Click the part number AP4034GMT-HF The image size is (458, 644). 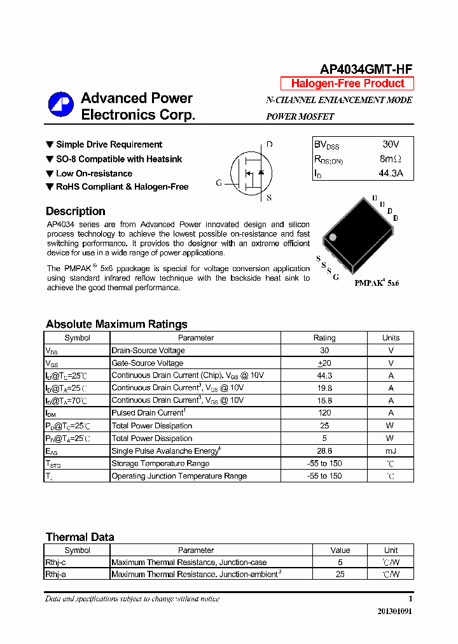[366, 69]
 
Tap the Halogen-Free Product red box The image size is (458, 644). [347, 83]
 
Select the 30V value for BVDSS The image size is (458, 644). [391, 144]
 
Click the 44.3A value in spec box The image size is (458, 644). [391, 173]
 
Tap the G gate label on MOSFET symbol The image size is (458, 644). [219, 183]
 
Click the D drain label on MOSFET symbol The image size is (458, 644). [269, 144]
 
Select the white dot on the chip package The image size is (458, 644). [331, 237]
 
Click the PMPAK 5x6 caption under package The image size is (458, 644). [377, 283]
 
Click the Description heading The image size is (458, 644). [76, 211]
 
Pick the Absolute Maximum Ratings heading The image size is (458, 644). [116, 324]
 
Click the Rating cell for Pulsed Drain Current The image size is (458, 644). [324, 413]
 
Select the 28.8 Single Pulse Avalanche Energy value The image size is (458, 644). [324, 451]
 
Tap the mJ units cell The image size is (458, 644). [391, 451]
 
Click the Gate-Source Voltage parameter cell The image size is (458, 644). [148, 363]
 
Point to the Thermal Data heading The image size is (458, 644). [80, 537]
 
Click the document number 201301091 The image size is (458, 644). [394, 612]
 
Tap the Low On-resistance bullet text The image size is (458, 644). [94, 173]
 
